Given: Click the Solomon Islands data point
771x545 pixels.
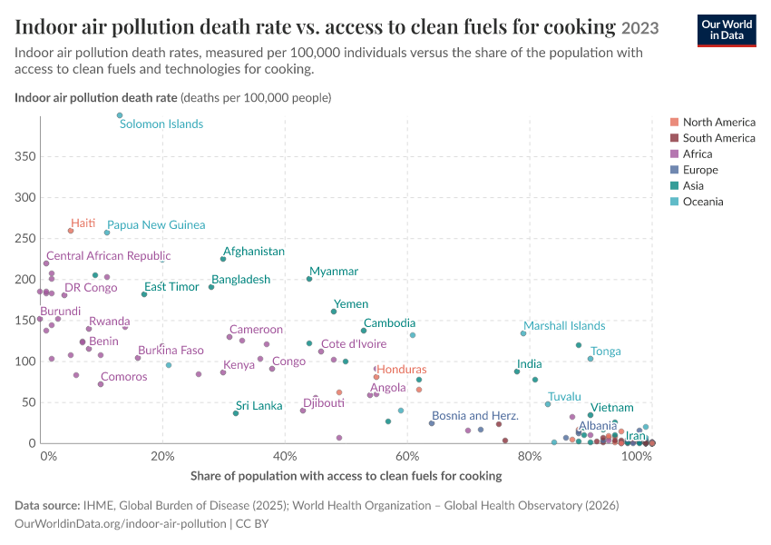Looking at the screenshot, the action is point(120,115).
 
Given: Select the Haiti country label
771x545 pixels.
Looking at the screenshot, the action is point(83,223).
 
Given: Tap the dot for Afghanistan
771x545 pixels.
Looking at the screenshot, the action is point(223,259).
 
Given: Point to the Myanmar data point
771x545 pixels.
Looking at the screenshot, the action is point(309,279).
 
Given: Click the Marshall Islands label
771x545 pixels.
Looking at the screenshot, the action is point(564,326).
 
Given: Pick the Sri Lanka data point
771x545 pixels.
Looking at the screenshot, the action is point(236,413).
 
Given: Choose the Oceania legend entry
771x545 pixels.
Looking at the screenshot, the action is point(697,202).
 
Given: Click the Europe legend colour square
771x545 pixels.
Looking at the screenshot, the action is point(674,170).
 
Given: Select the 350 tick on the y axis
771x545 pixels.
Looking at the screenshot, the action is point(25,156).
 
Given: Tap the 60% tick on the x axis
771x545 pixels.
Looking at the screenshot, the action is point(407,456).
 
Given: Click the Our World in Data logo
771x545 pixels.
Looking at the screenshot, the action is point(727,31).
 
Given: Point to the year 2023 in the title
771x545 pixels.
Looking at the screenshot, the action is point(639,28).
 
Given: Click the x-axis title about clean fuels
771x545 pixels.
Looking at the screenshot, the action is point(346,476).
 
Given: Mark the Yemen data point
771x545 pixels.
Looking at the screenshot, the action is point(334,312).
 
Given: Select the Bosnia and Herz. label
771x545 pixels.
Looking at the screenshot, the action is point(475,416).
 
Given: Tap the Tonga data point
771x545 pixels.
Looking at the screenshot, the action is point(590,359).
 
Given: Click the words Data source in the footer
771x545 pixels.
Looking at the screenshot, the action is point(47,506).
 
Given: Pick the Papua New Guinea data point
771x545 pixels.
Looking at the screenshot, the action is point(107,233).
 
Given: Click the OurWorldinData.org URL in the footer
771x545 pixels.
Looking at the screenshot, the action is point(121,523).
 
